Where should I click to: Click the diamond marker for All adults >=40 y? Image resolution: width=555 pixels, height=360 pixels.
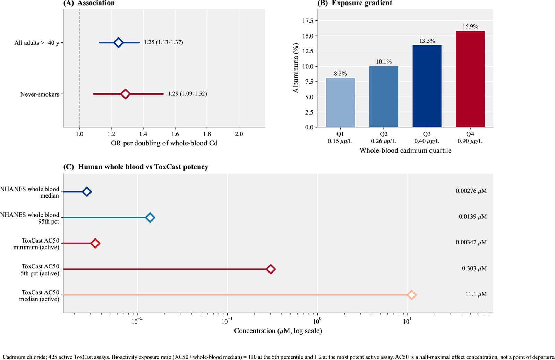coord(118,43)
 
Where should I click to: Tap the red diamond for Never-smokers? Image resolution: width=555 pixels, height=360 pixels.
coord(125,94)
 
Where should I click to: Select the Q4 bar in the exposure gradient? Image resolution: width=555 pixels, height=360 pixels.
coord(470,79)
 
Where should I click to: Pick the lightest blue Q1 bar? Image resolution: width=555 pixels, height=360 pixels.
coord(340,103)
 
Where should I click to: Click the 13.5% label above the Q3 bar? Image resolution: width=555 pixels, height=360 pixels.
coord(427,41)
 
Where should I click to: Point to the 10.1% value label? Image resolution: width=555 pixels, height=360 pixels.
coord(384,62)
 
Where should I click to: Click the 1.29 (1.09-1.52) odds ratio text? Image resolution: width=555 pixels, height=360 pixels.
coord(187,94)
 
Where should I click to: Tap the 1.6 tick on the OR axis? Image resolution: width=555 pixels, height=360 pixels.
coord(175,134)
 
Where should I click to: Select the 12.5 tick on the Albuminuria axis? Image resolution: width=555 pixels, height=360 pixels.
coord(308,51)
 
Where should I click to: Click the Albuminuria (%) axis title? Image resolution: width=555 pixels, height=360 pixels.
coord(296,68)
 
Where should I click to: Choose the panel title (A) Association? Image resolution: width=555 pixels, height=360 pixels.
coord(89,3)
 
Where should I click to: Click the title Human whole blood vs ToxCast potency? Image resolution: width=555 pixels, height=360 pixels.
coord(143,167)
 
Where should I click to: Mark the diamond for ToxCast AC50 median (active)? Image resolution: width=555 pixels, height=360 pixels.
coord(411,295)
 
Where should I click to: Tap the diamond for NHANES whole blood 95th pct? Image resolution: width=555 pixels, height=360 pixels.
coord(150,218)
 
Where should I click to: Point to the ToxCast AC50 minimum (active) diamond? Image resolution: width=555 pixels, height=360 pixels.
coord(95,243)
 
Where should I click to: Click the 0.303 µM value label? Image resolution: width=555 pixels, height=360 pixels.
coord(474,268)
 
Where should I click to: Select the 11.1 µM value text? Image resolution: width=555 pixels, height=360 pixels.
coord(476,294)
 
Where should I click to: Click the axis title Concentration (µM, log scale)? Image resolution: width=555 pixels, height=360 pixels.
coord(278,331)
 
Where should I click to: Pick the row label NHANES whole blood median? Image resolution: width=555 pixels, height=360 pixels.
coord(30,192)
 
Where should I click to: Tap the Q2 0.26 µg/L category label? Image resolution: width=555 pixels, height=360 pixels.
coord(383,137)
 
